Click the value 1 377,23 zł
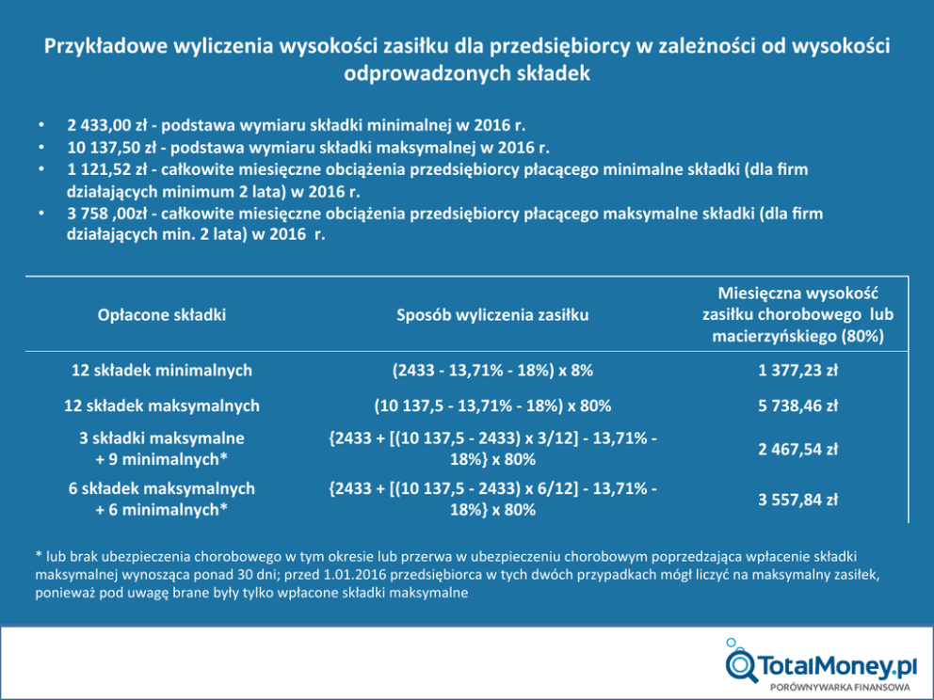point(797,371)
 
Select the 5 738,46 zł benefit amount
point(797,406)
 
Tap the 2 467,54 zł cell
point(797,449)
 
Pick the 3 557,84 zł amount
point(797,500)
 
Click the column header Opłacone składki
point(162,315)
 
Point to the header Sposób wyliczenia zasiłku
point(492,315)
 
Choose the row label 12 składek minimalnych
point(162,371)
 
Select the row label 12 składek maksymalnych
point(162,406)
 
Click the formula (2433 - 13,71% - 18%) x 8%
point(492,371)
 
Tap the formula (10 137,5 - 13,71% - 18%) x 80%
point(492,406)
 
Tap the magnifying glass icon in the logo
point(741,663)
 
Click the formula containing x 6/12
point(492,500)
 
